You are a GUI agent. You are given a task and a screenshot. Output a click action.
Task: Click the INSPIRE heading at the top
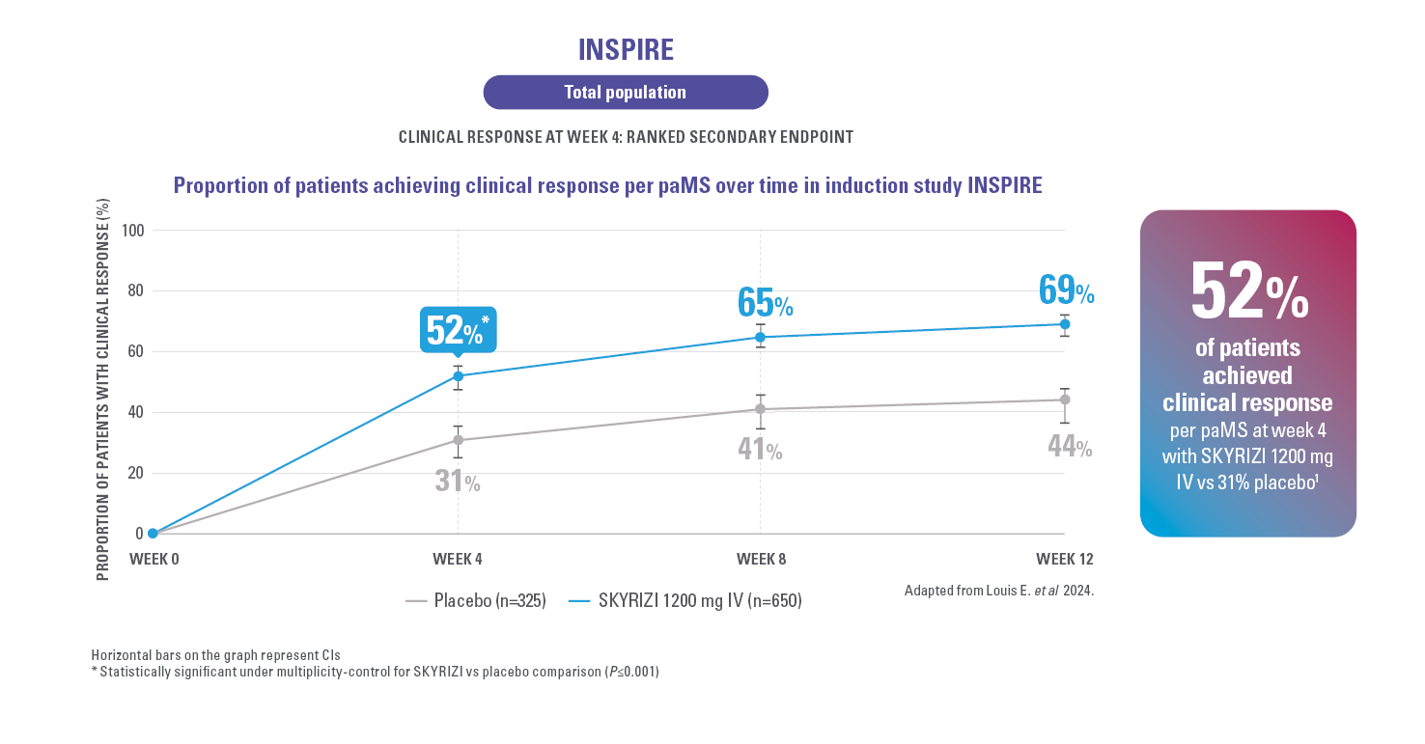[625, 49]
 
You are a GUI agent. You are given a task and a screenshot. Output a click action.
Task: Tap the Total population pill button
[625, 93]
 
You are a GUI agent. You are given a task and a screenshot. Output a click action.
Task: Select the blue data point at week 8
[761, 337]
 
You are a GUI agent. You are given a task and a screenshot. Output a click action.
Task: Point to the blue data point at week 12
[1065, 324]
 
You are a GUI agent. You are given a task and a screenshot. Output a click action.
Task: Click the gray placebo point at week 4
[458, 440]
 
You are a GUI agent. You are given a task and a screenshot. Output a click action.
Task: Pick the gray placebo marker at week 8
[761, 409]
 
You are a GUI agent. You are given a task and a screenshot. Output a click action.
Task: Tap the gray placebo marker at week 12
[1065, 400]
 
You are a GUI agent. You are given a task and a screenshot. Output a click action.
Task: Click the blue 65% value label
[765, 302]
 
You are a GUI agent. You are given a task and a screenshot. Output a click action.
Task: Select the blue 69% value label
[1066, 289]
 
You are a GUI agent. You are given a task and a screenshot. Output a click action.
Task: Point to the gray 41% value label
[760, 449]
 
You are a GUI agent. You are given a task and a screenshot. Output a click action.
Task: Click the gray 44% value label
[1070, 447]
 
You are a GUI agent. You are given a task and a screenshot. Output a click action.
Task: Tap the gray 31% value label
[458, 480]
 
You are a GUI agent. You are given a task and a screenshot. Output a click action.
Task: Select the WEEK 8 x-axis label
[761, 560]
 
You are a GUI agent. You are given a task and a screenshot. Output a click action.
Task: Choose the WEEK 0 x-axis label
[154, 560]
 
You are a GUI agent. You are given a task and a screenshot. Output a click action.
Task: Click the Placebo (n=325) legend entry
[477, 601]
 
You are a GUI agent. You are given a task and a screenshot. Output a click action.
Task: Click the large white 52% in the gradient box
[1248, 290]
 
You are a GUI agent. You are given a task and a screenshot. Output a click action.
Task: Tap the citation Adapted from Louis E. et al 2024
[998, 590]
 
